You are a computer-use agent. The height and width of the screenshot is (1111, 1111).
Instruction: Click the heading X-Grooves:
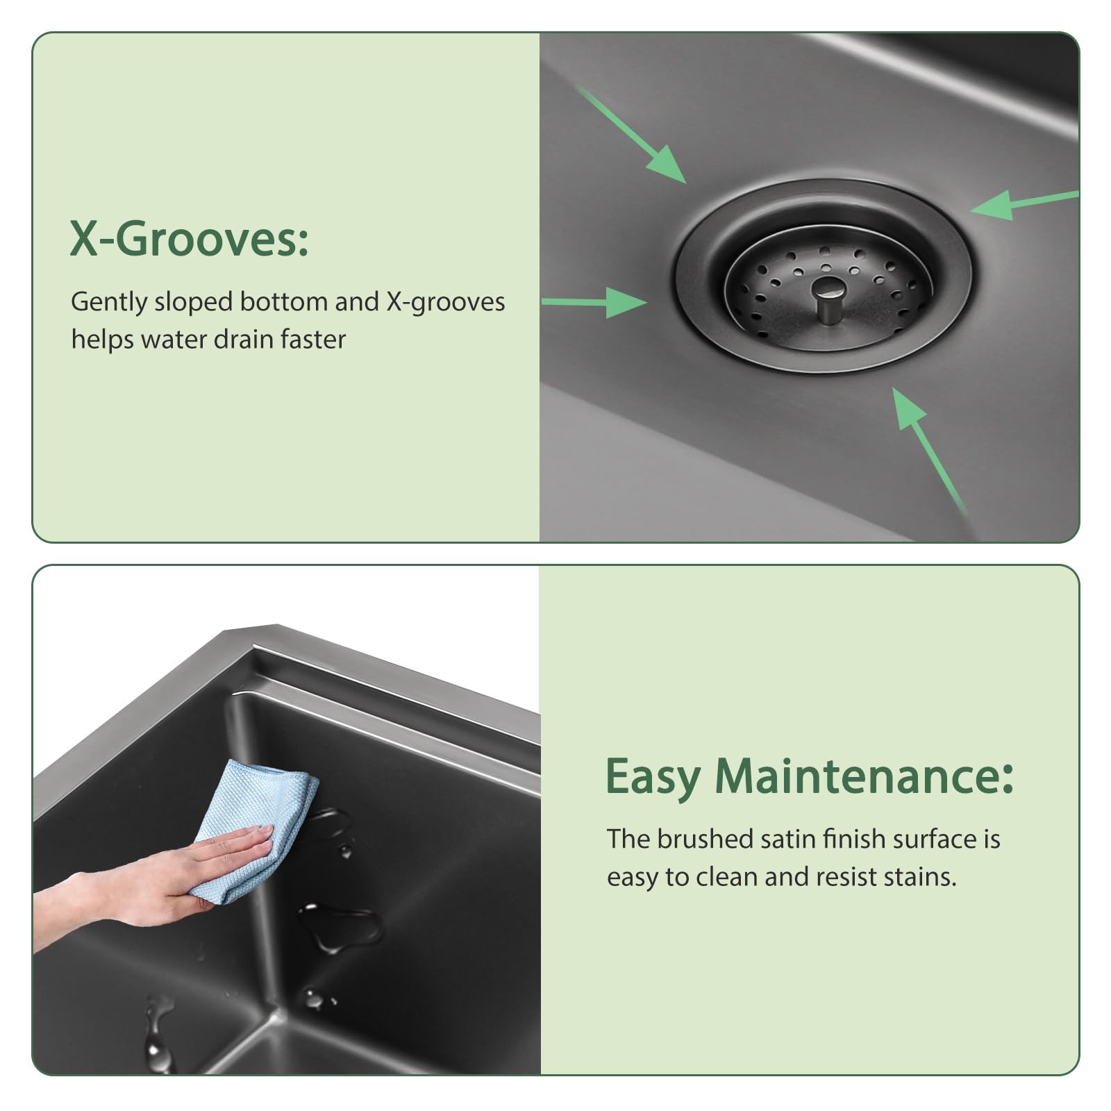189,239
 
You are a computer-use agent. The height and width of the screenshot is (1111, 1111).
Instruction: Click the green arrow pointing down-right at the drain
631,135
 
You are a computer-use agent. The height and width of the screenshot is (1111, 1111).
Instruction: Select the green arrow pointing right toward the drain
594,303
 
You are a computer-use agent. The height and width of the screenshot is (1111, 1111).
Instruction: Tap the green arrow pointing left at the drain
1025,205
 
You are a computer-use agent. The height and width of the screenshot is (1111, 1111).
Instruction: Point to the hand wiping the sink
153,878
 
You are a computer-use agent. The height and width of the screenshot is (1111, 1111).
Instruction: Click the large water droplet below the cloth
340,928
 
